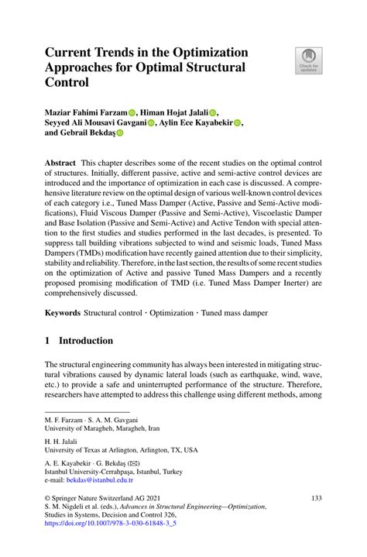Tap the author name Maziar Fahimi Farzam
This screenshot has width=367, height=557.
coord(85,112)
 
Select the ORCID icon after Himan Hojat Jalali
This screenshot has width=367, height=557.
coord(213,112)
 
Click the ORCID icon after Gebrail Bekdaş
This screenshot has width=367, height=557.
coord(120,132)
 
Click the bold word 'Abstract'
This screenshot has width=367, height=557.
coord(61,163)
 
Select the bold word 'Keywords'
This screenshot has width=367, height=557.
coord(63,312)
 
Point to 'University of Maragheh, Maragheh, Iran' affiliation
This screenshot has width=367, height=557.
coord(101,427)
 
